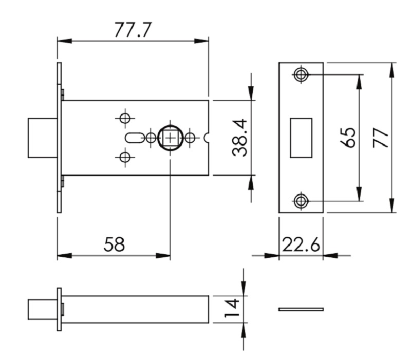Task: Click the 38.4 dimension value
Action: pos(240,138)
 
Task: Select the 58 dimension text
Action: pos(114,244)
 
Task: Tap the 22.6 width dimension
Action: pos(301,244)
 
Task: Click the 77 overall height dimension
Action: pos(381,138)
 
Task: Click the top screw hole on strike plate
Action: pos(301,75)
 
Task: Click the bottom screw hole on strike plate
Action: pos(301,201)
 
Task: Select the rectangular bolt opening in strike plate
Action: pos(301,138)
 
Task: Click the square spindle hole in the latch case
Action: pos(170,138)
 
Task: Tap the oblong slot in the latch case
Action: pos(133,138)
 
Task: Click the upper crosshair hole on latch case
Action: pos(124,118)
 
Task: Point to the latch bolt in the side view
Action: pos(42,138)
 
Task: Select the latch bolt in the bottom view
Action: pos(42,309)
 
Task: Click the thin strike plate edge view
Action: pos(301,309)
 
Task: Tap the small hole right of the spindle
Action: pos(190,138)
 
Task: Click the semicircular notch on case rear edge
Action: pos(207,138)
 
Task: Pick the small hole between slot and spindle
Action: pos(151,138)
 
